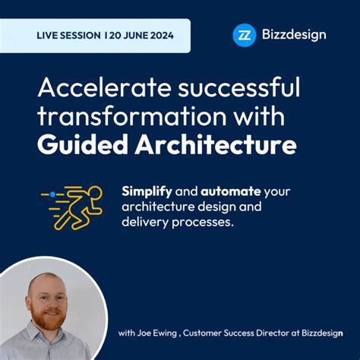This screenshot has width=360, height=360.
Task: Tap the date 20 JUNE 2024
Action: click(140, 36)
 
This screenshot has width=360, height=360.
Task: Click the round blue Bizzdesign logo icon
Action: click(244, 35)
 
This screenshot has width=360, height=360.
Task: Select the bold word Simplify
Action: click(146, 191)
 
